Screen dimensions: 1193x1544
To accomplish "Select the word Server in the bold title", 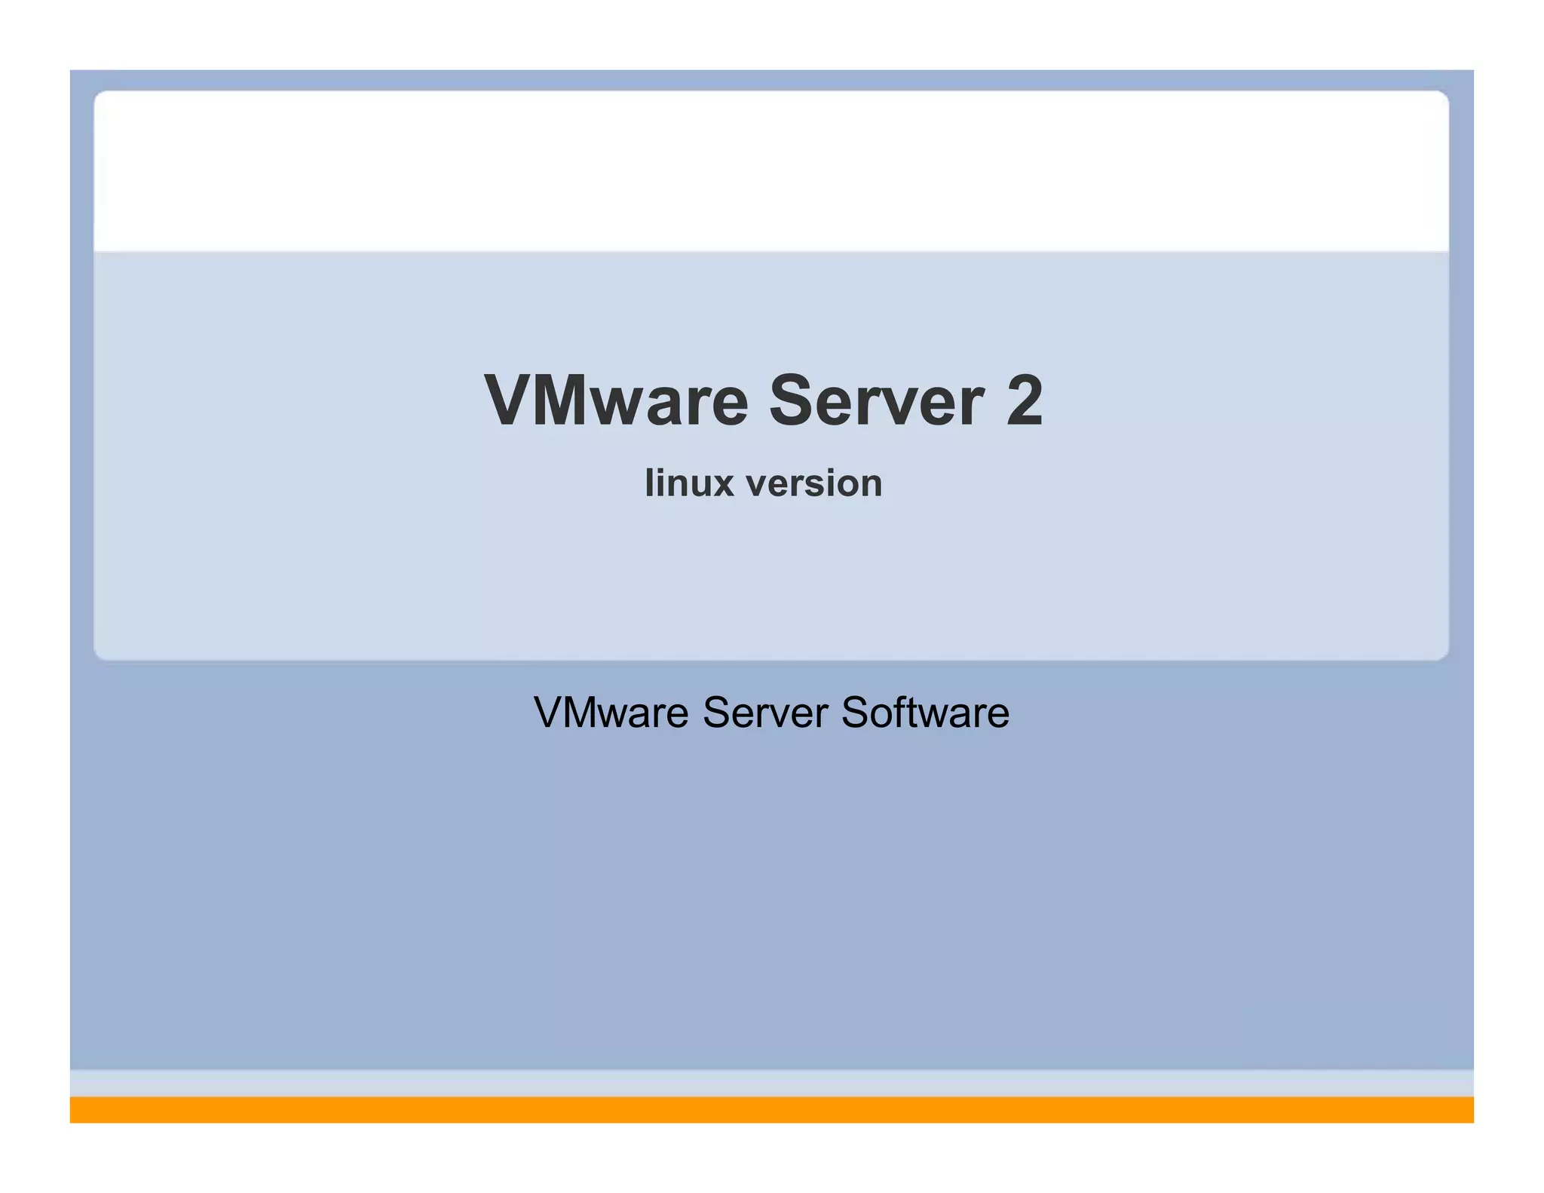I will [x=876, y=400].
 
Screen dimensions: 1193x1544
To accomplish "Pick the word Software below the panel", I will [x=925, y=712].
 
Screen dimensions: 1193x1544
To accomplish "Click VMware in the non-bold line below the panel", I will [x=611, y=712].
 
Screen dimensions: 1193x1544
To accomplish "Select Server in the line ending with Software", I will [x=765, y=712].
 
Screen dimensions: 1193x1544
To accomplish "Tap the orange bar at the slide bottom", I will [x=772, y=1109].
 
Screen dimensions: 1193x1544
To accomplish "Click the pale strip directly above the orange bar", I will [x=772, y=1083].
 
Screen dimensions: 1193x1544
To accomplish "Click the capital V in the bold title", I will [x=508, y=400].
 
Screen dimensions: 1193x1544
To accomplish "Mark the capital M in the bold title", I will [x=562, y=400].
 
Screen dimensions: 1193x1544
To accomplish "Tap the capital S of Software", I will [x=856, y=713].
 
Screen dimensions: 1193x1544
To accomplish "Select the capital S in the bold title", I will [x=792, y=400].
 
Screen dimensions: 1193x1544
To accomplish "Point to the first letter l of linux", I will [x=649, y=483].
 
